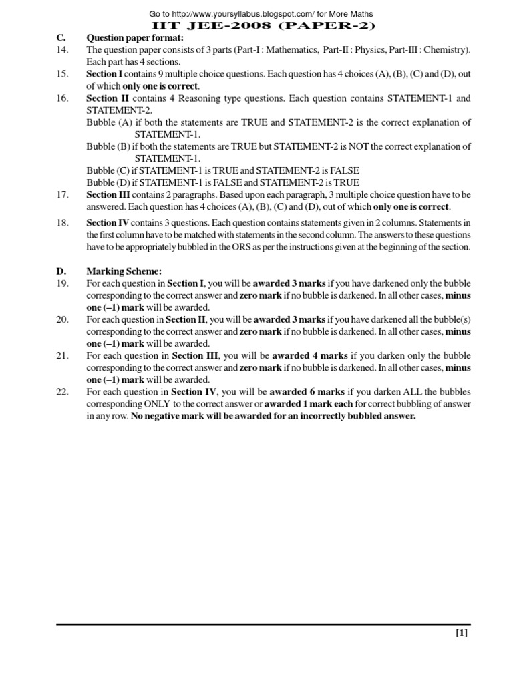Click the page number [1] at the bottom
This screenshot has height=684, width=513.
[462, 634]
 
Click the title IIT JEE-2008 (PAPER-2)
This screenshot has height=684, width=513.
[256, 26]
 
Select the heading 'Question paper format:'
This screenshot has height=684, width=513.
[135, 38]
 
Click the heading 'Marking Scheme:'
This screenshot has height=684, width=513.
[124, 271]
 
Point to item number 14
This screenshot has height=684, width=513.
[62, 50]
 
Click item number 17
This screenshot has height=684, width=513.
[62, 194]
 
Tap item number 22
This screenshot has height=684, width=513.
[62, 392]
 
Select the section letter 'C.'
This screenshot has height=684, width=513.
[61, 38]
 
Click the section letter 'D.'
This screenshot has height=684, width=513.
[61, 271]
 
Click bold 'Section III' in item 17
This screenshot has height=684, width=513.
[109, 194]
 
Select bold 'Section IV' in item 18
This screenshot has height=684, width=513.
[108, 223]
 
